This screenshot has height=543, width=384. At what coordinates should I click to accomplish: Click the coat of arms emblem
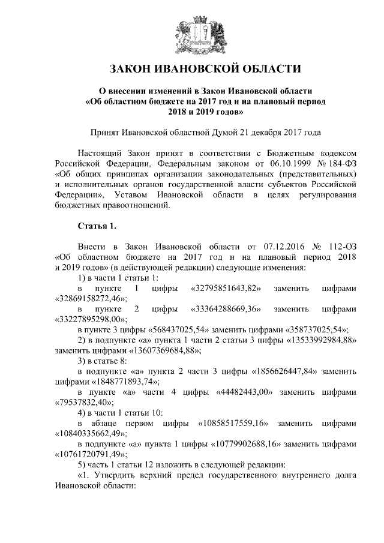(x=191, y=30)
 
